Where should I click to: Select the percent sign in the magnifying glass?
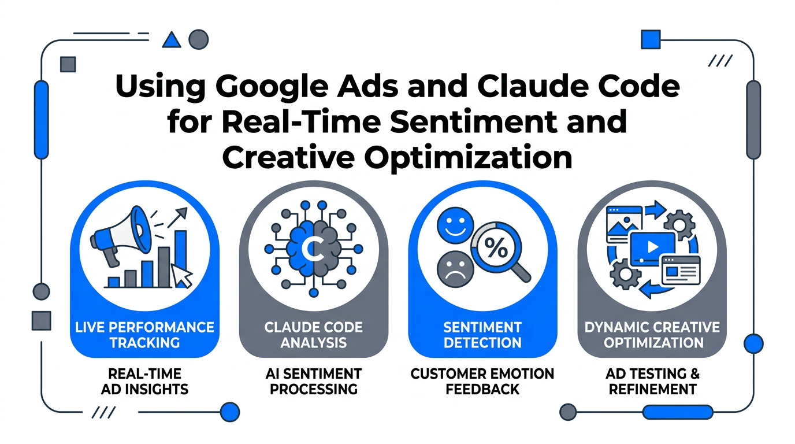[496, 249]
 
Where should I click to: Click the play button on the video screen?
[652, 247]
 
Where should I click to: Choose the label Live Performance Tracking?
[144, 335]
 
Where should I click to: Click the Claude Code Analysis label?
[314, 335]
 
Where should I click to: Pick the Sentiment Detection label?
[482, 335]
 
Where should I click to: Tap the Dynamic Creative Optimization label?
[652, 335]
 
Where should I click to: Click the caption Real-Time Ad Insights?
[144, 382]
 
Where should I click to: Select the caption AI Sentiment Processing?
[314, 382]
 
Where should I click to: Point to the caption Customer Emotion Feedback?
[482, 382]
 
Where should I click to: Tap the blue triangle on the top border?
[172, 40]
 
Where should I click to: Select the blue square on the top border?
[651, 39]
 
